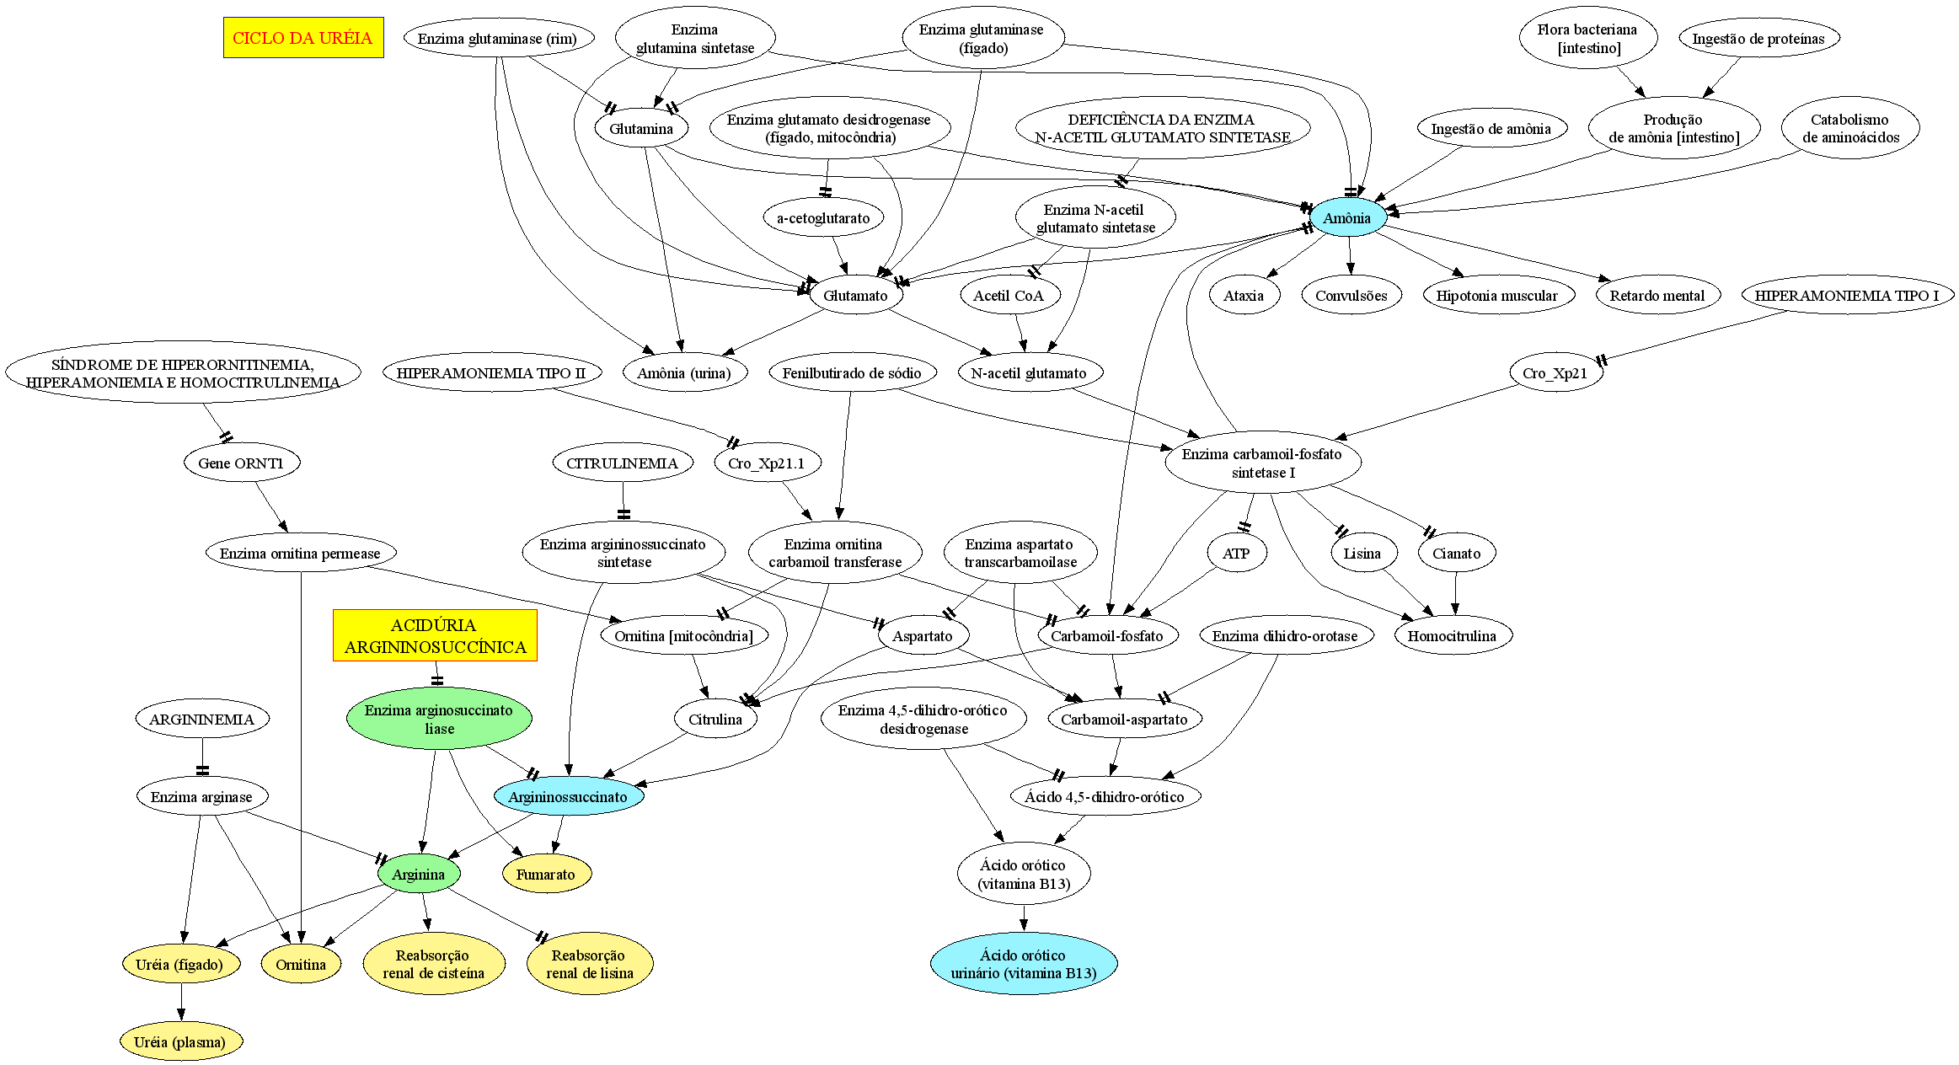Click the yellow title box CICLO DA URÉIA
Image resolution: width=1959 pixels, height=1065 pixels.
(303, 38)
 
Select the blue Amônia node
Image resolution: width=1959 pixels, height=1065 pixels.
(1346, 218)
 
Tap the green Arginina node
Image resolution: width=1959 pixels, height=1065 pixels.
(419, 874)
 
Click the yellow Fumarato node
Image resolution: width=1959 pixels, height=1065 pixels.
(546, 874)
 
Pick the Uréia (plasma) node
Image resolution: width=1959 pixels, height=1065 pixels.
(180, 1042)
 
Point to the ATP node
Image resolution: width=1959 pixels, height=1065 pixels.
(1236, 554)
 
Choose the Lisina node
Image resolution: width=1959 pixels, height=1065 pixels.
(1362, 554)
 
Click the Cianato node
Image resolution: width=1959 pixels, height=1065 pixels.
(1457, 554)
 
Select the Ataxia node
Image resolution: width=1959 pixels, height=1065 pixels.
(1244, 296)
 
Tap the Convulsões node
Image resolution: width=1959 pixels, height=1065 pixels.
(1351, 296)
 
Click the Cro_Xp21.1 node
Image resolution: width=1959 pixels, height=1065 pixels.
(767, 463)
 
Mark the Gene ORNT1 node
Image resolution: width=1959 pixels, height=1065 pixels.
(242, 463)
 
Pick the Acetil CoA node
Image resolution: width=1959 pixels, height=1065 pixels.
(1009, 296)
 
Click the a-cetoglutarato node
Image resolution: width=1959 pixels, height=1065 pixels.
(823, 218)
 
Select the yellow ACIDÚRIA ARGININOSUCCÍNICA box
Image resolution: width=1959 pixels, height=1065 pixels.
(435, 635)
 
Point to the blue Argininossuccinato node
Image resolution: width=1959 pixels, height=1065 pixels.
(569, 796)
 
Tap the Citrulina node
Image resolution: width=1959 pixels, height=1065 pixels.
(715, 719)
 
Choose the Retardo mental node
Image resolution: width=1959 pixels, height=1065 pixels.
(1657, 296)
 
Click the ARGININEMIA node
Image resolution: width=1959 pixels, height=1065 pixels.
(202, 719)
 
